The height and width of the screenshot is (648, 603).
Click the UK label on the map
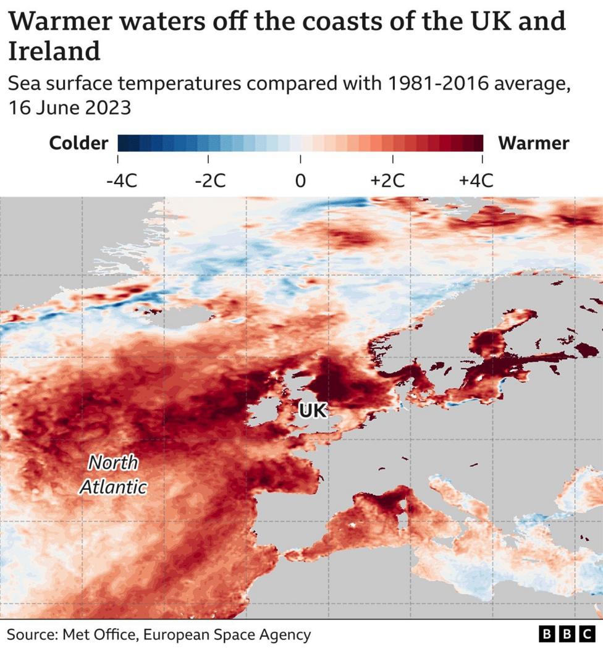(312, 410)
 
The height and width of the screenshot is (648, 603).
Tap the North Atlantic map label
(113, 474)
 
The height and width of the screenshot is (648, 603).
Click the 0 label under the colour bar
(300, 181)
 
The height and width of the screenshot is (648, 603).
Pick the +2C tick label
(387, 181)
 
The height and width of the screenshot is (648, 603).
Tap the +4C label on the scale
(476, 181)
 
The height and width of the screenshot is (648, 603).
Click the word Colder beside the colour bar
(78, 143)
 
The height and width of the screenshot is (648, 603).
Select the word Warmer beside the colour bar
(534, 143)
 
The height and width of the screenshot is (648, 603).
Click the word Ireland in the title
(54, 51)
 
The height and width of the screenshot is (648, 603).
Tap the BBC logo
(566, 634)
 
